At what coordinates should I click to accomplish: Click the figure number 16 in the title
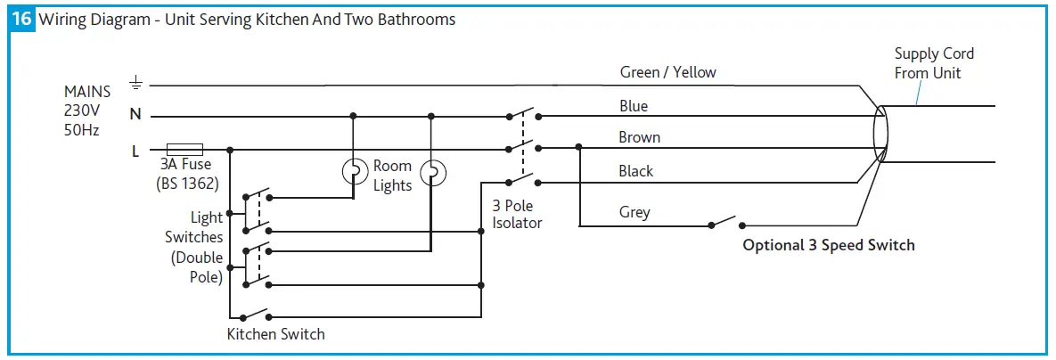coord(23,20)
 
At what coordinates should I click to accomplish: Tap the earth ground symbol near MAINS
coord(135,84)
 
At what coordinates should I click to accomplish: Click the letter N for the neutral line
coord(135,115)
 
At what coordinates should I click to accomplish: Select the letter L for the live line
coord(135,151)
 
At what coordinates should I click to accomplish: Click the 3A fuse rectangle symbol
coord(185,149)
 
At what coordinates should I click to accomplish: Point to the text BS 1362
coord(187,183)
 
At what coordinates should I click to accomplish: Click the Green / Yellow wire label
coord(667,72)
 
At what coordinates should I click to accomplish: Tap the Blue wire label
coord(634,106)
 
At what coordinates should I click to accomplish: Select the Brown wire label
coord(639,137)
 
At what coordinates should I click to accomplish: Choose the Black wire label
coord(636,171)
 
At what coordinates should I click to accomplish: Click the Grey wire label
coord(634,212)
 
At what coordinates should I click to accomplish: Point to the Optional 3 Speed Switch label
coord(829,245)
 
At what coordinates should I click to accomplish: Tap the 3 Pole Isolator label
coord(517,214)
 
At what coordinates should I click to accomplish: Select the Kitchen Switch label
coord(276,334)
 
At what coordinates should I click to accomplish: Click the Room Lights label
coord(392,176)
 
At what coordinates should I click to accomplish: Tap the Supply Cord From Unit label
coord(934,63)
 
